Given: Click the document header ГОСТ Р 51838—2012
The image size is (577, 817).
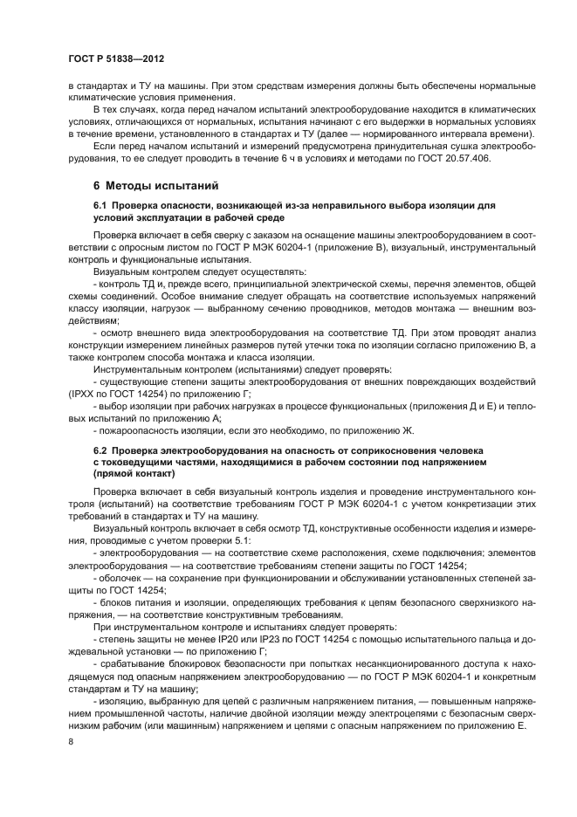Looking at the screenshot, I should (x=115, y=57).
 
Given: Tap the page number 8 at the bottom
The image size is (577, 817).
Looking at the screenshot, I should (x=72, y=741).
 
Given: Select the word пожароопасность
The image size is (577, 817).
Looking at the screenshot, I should (x=141, y=430).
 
